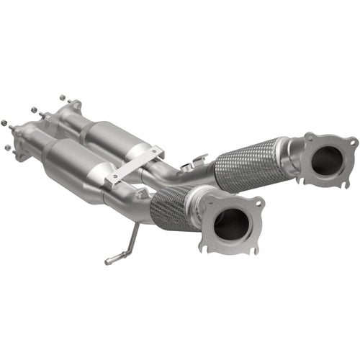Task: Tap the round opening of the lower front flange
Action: [x=233, y=225]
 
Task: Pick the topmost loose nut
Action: [x=63, y=96]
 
